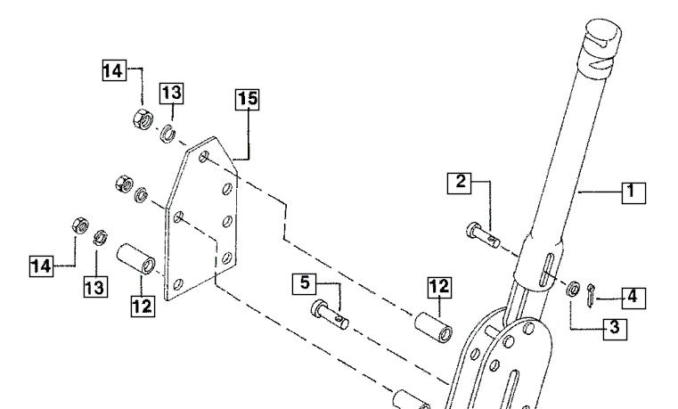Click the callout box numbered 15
pyautogui.click(x=248, y=100)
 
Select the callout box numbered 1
pyautogui.click(x=633, y=192)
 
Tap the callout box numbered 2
pyautogui.click(x=459, y=183)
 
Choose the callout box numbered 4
pyautogui.click(x=633, y=299)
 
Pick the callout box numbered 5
pyautogui.click(x=305, y=284)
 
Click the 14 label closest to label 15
pyautogui.click(x=114, y=70)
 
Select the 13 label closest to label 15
pyautogui.click(x=171, y=94)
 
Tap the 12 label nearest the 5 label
pyautogui.click(x=439, y=288)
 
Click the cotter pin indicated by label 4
pyautogui.click(x=591, y=296)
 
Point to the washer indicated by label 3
pyautogui.click(x=573, y=289)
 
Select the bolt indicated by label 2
pyautogui.click(x=483, y=235)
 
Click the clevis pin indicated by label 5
pyautogui.click(x=330, y=315)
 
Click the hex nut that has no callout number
pyautogui.click(x=125, y=184)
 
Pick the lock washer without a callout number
pyautogui.click(x=141, y=195)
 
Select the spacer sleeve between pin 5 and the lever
pyautogui.click(x=434, y=327)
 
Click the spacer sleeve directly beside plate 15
pyautogui.click(x=135, y=258)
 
